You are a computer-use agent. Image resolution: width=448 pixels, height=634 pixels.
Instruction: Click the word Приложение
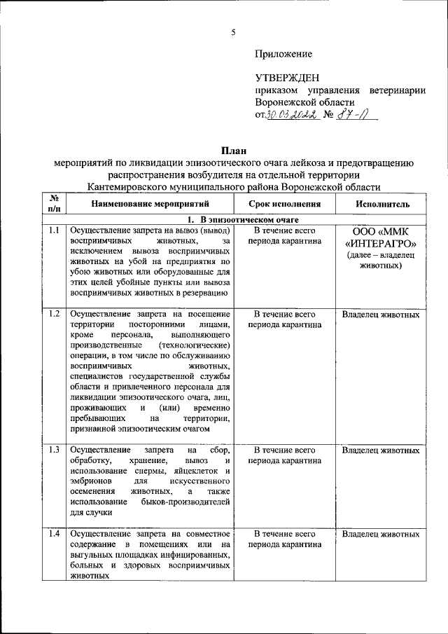pyautogui.click(x=283, y=53)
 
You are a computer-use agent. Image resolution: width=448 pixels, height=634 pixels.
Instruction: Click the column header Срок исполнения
pyautogui.click(x=284, y=204)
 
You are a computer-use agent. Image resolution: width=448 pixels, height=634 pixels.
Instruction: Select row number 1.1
pyautogui.click(x=53, y=230)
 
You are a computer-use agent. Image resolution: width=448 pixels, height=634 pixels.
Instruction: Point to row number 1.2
pyautogui.click(x=53, y=314)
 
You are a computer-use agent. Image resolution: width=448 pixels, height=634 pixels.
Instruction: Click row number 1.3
pyautogui.click(x=53, y=449)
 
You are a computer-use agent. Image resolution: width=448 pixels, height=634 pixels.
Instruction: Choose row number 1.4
pyautogui.click(x=53, y=535)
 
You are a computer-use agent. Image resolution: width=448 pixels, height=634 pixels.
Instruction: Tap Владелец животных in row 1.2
pyautogui.click(x=381, y=315)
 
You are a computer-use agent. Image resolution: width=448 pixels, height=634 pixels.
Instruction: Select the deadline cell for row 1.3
pyautogui.click(x=284, y=455)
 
